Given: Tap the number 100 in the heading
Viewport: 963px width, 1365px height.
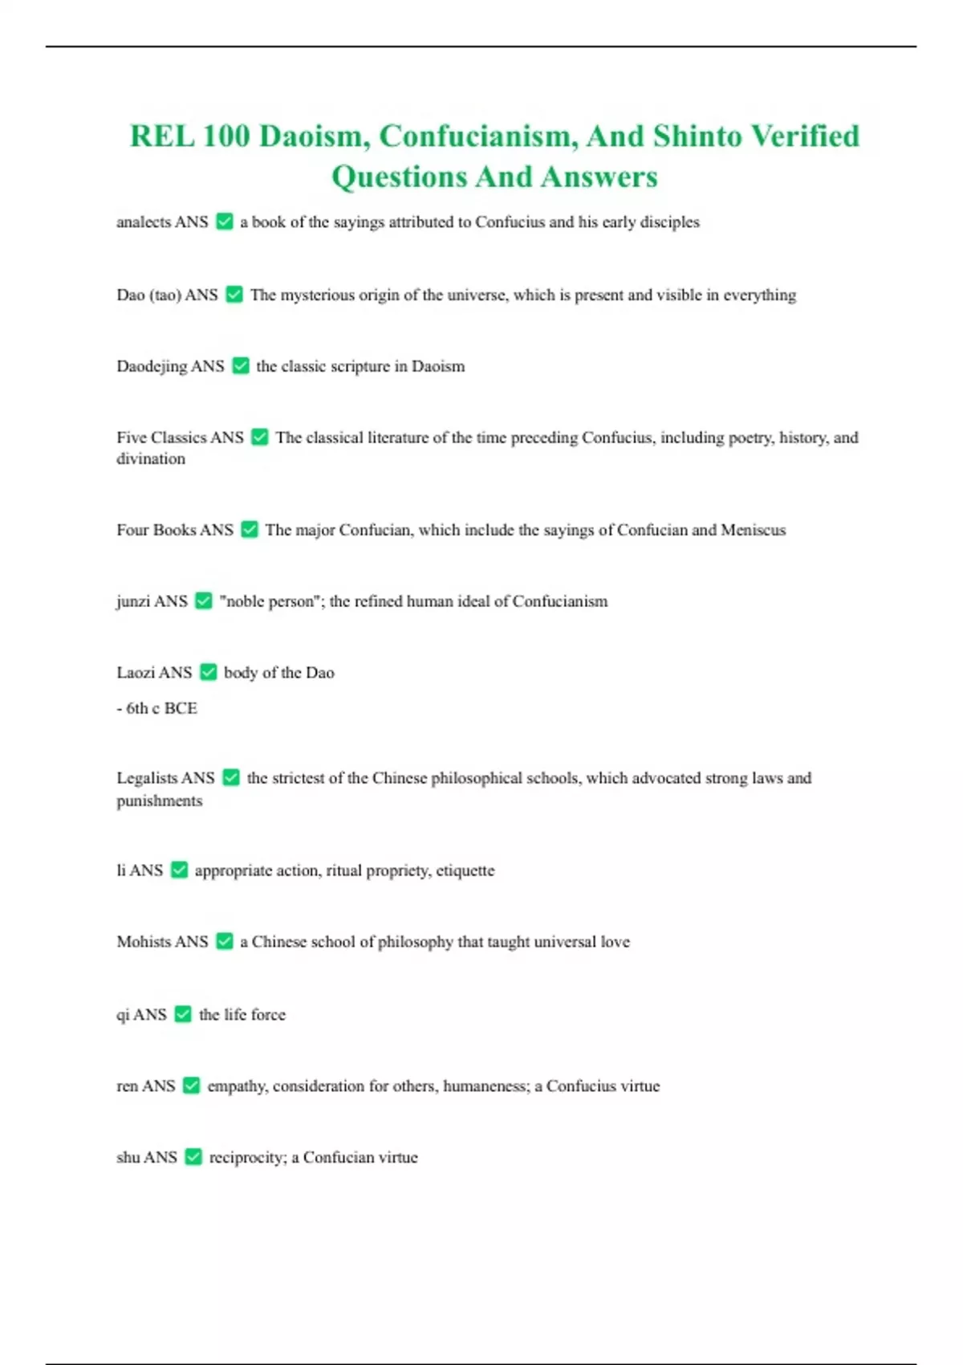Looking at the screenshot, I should [226, 136].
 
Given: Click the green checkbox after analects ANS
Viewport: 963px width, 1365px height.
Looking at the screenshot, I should [225, 222].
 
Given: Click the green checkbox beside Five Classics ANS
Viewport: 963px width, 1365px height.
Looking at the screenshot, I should [259, 437].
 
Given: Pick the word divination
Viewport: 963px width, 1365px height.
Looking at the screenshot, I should [151, 458].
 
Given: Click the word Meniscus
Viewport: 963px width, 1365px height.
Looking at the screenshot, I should [753, 530].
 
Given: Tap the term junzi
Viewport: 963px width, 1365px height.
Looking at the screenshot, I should [132, 601].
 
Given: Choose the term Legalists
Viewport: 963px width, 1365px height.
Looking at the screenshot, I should [147, 778].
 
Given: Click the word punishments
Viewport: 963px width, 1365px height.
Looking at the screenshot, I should [160, 801].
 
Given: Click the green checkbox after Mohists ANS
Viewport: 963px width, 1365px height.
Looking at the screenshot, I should [225, 941].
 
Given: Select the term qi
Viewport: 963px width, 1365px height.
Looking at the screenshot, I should [123, 1015].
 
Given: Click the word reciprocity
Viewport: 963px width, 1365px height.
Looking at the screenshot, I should [247, 1157].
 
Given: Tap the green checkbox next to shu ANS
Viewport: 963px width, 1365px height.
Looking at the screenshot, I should [193, 1157].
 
